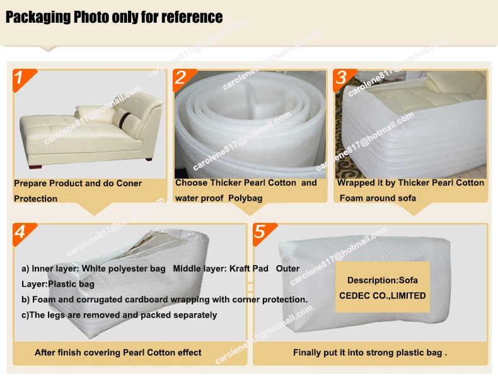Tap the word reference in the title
click(192, 17)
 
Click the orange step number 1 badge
click(21, 78)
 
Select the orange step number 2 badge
click(182, 78)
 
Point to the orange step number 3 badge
click(342, 78)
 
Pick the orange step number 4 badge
click(21, 232)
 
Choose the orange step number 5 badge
click(261, 232)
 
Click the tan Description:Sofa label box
click(382, 287)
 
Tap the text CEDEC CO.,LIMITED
click(382, 295)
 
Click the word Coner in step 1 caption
click(129, 184)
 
